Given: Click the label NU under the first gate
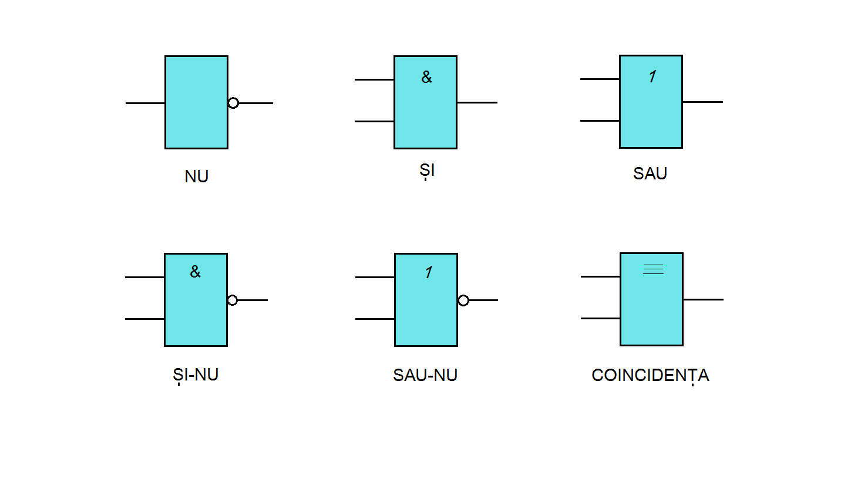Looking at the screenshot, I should (196, 176).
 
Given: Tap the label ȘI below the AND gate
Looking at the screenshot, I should (427, 171).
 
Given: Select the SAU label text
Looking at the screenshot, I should (650, 173).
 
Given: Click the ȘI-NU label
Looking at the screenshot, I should (196, 375).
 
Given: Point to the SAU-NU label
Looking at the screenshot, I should (425, 376).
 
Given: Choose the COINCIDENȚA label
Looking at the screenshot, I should (650, 376).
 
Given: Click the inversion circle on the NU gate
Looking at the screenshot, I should (233, 103).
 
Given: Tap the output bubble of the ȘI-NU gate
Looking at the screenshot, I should (233, 300).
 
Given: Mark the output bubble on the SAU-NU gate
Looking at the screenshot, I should (463, 300).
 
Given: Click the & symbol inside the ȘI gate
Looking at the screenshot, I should (426, 77).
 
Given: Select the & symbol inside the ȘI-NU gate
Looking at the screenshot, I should (195, 272).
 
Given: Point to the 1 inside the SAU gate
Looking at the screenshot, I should (652, 76).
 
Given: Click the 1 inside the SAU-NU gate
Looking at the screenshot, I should (429, 272).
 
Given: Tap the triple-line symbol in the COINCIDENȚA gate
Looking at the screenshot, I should (653, 269).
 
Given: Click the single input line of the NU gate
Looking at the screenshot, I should (145, 103).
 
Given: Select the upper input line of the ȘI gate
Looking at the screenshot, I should (374, 79).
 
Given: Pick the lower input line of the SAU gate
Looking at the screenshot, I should (600, 121).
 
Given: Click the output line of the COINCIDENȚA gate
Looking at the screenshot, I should (703, 299).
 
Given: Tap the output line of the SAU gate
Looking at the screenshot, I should (702, 102).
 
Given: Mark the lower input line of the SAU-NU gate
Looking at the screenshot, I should (375, 319).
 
